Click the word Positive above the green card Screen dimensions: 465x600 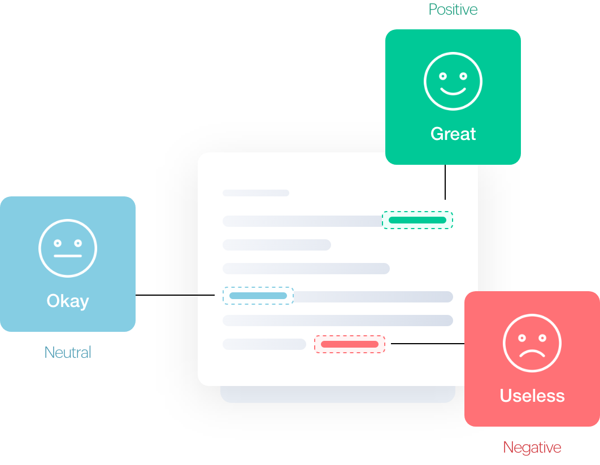[x=453, y=9]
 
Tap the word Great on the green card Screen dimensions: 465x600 [x=453, y=134]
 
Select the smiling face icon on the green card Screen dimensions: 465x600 [x=453, y=81]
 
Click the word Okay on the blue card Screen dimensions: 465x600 [x=68, y=301]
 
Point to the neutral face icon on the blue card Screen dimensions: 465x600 [x=68, y=248]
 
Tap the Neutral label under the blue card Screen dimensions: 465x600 [x=68, y=352]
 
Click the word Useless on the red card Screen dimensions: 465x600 [x=532, y=396]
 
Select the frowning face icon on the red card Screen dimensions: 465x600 [x=532, y=343]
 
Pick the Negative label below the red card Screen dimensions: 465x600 [x=532, y=448]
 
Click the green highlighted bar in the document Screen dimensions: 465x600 [x=418, y=220]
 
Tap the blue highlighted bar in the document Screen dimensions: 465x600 [x=258, y=296]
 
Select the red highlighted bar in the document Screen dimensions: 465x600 [x=350, y=344]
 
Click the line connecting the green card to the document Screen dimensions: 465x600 [x=445, y=182]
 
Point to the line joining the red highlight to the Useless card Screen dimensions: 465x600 [x=427, y=343]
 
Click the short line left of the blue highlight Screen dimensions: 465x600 [x=206, y=295]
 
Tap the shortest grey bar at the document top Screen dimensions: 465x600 [x=256, y=193]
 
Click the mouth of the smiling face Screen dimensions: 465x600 [x=453, y=90]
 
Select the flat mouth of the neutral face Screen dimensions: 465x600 [x=68, y=256]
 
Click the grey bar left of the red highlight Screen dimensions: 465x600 [x=264, y=344]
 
